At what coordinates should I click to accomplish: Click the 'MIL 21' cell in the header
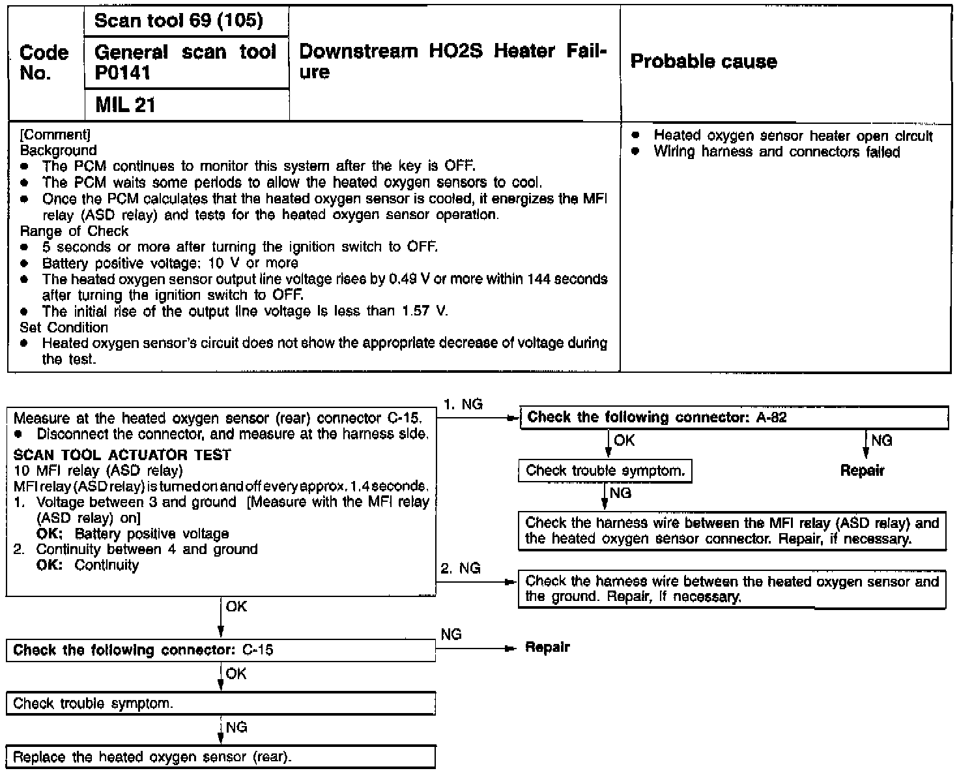click(x=125, y=105)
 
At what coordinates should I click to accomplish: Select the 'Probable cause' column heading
click(x=704, y=62)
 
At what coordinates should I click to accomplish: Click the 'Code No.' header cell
click(x=44, y=63)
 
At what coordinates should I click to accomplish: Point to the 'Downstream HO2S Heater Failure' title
click(x=453, y=61)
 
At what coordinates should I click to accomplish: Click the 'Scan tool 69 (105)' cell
click(x=179, y=21)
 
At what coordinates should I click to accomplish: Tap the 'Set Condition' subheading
click(x=64, y=327)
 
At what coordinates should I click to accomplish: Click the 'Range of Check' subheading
click(x=74, y=231)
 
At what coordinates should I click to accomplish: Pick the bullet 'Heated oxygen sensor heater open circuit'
click(x=793, y=136)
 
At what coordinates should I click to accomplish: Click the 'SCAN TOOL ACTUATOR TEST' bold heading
click(x=122, y=455)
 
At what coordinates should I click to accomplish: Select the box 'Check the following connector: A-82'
click(x=734, y=418)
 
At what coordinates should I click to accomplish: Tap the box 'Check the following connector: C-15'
click(x=221, y=650)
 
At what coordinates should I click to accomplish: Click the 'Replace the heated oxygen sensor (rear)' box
click(x=221, y=757)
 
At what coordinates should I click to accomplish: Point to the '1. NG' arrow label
click(x=463, y=404)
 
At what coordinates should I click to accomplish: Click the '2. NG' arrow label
click(x=461, y=568)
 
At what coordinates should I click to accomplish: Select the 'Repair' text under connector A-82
click(x=862, y=471)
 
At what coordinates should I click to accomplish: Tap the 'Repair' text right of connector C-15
click(x=547, y=647)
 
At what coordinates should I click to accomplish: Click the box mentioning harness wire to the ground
click(x=732, y=589)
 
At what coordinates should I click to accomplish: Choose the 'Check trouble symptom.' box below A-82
click(x=605, y=471)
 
